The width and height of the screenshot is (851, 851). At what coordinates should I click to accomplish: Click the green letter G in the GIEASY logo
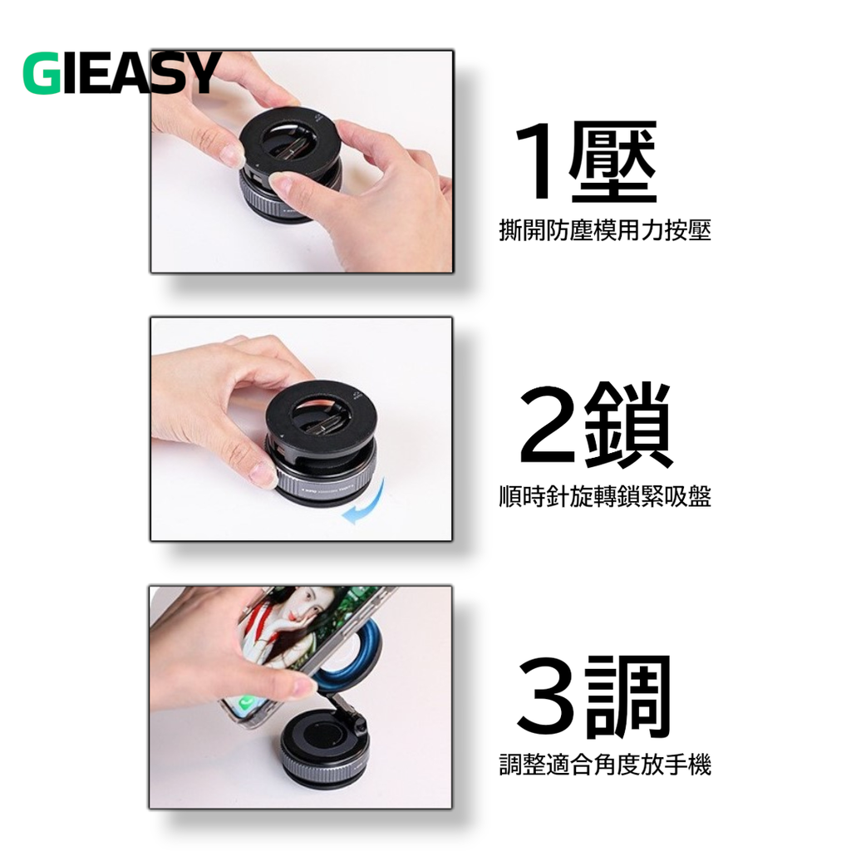tap(42, 73)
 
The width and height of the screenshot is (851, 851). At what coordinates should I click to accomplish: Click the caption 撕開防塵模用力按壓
tap(605, 230)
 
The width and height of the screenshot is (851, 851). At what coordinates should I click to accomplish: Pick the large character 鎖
tap(628, 425)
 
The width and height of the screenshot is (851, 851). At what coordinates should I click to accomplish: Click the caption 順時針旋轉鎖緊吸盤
tap(605, 496)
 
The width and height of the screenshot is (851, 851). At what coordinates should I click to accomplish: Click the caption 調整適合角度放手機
tap(605, 765)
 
